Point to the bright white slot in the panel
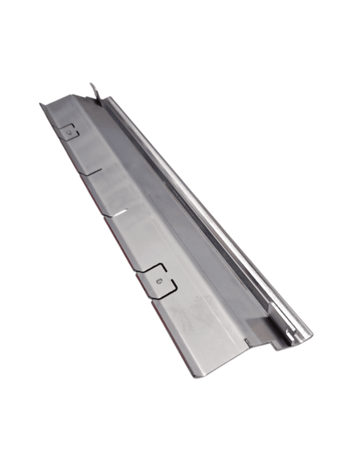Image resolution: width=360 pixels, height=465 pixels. click(x=119, y=212)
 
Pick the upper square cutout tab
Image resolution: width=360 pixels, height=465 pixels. click(x=70, y=132)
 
